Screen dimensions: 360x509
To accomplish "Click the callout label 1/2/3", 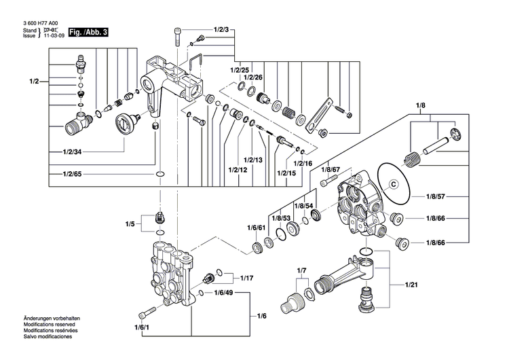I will point(222,31).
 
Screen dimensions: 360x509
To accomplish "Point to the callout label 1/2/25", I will point(240,71).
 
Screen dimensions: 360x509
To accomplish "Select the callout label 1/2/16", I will point(303,164).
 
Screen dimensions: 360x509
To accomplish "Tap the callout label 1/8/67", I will point(331,170).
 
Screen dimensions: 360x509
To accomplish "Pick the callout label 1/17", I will point(247,278).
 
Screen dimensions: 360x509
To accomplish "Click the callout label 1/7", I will point(302,271).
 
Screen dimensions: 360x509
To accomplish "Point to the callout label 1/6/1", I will point(143,328).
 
